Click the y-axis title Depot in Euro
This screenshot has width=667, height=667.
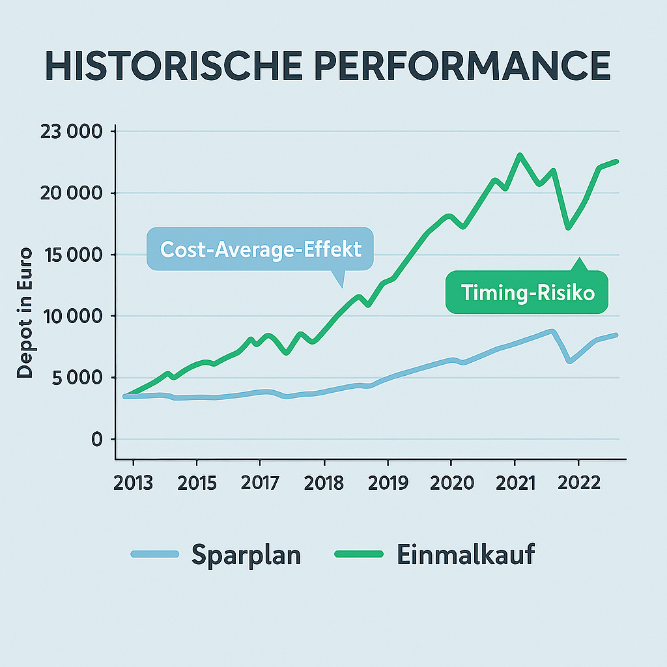(x=25, y=313)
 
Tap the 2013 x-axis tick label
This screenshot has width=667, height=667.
(x=133, y=483)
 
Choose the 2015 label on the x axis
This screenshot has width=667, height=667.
(x=197, y=483)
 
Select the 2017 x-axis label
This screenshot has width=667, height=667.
(x=260, y=483)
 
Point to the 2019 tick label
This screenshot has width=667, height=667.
(x=388, y=483)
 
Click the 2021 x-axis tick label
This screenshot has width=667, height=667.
(x=515, y=483)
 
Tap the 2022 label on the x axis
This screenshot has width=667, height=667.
(x=578, y=483)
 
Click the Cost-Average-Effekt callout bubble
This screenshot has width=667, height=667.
(x=260, y=249)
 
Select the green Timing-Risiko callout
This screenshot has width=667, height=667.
(x=528, y=292)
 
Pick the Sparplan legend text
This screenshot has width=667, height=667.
(x=246, y=555)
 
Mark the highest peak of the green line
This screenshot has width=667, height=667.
(x=520, y=155)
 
